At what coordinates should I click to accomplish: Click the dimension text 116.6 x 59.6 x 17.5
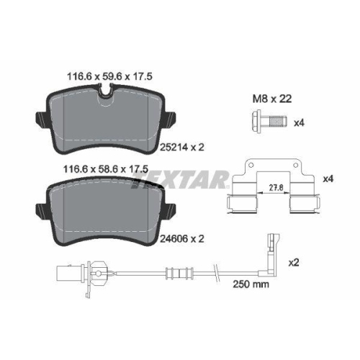109,77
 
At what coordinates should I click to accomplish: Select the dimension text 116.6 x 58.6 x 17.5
106,169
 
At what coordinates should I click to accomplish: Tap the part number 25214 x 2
182,147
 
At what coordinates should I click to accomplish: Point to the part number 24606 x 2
182,239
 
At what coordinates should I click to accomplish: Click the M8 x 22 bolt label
272,99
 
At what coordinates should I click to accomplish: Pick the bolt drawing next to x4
269,121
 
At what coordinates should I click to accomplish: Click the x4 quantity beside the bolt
299,123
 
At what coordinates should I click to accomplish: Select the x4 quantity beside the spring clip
328,179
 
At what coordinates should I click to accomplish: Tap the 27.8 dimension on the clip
276,188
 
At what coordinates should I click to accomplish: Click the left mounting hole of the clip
251,166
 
